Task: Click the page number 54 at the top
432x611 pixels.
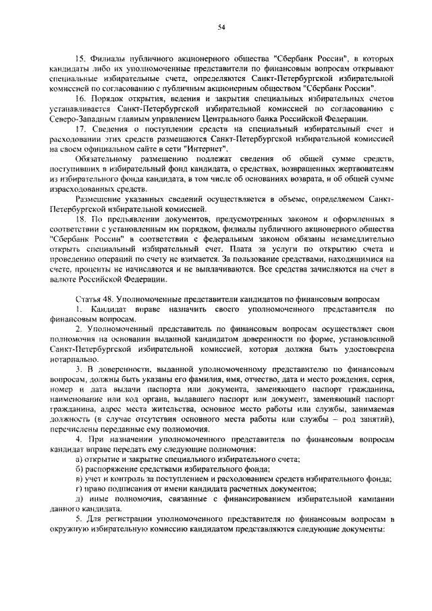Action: point(221,27)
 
